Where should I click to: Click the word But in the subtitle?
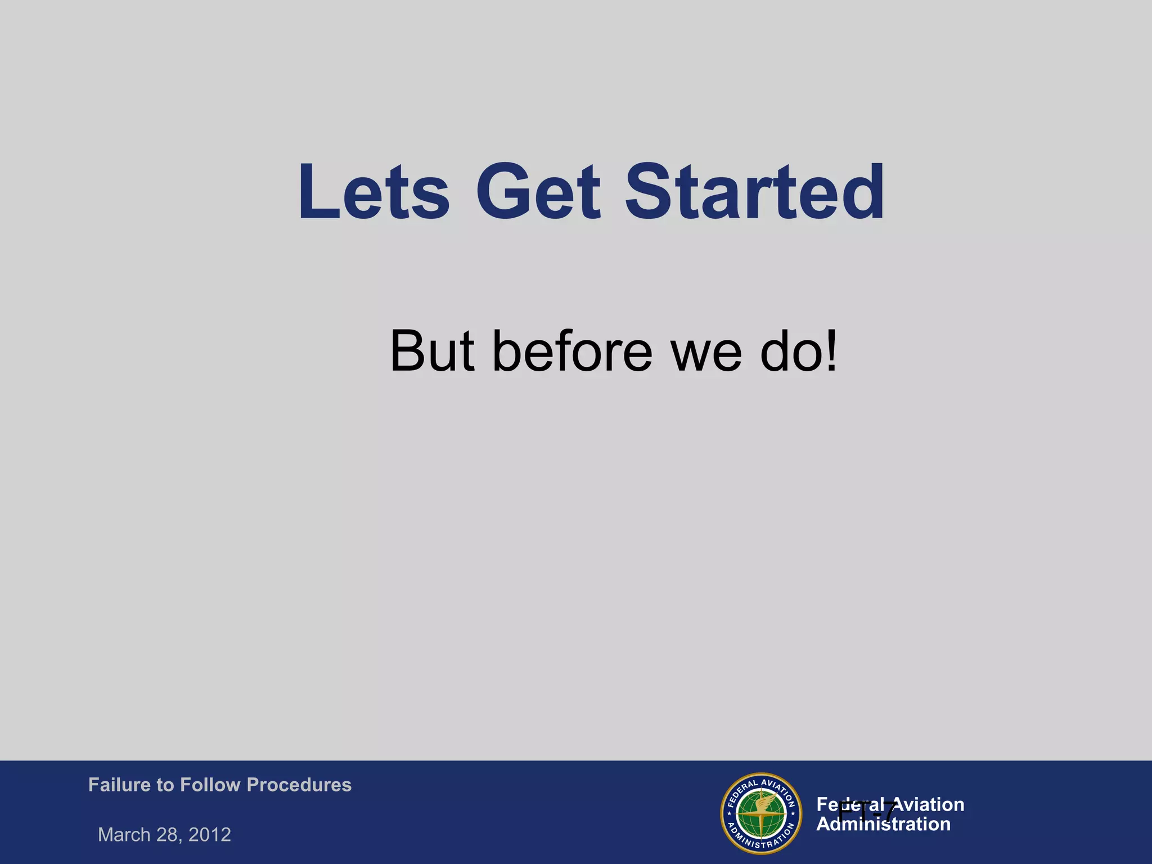pyautogui.click(x=432, y=352)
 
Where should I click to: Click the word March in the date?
pyautogui.click(x=124, y=834)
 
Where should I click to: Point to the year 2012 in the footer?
pyautogui.click(x=210, y=834)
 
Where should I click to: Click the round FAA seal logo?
pyautogui.click(x=761, y=813)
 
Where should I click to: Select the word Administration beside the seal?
pyautogui.click(x=883, y=825)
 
